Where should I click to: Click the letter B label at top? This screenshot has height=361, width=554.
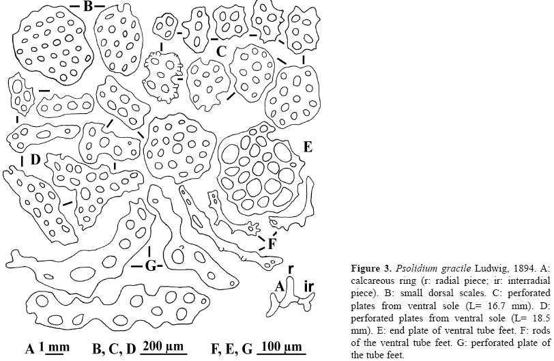pyautogui.click(x=87, y=7)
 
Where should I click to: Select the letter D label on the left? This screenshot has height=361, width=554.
pyautogui.click(x=35, y=160)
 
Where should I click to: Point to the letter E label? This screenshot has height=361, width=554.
pyautogui.click(x=308, y=147)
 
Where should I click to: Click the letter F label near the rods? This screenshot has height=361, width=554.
pyautogui.click(x=272, y=243)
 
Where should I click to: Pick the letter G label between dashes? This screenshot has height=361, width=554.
pyautogui.click(x=150, y=266)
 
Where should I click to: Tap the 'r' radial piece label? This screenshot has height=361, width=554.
pyautogui.click(x=291, y=270)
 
